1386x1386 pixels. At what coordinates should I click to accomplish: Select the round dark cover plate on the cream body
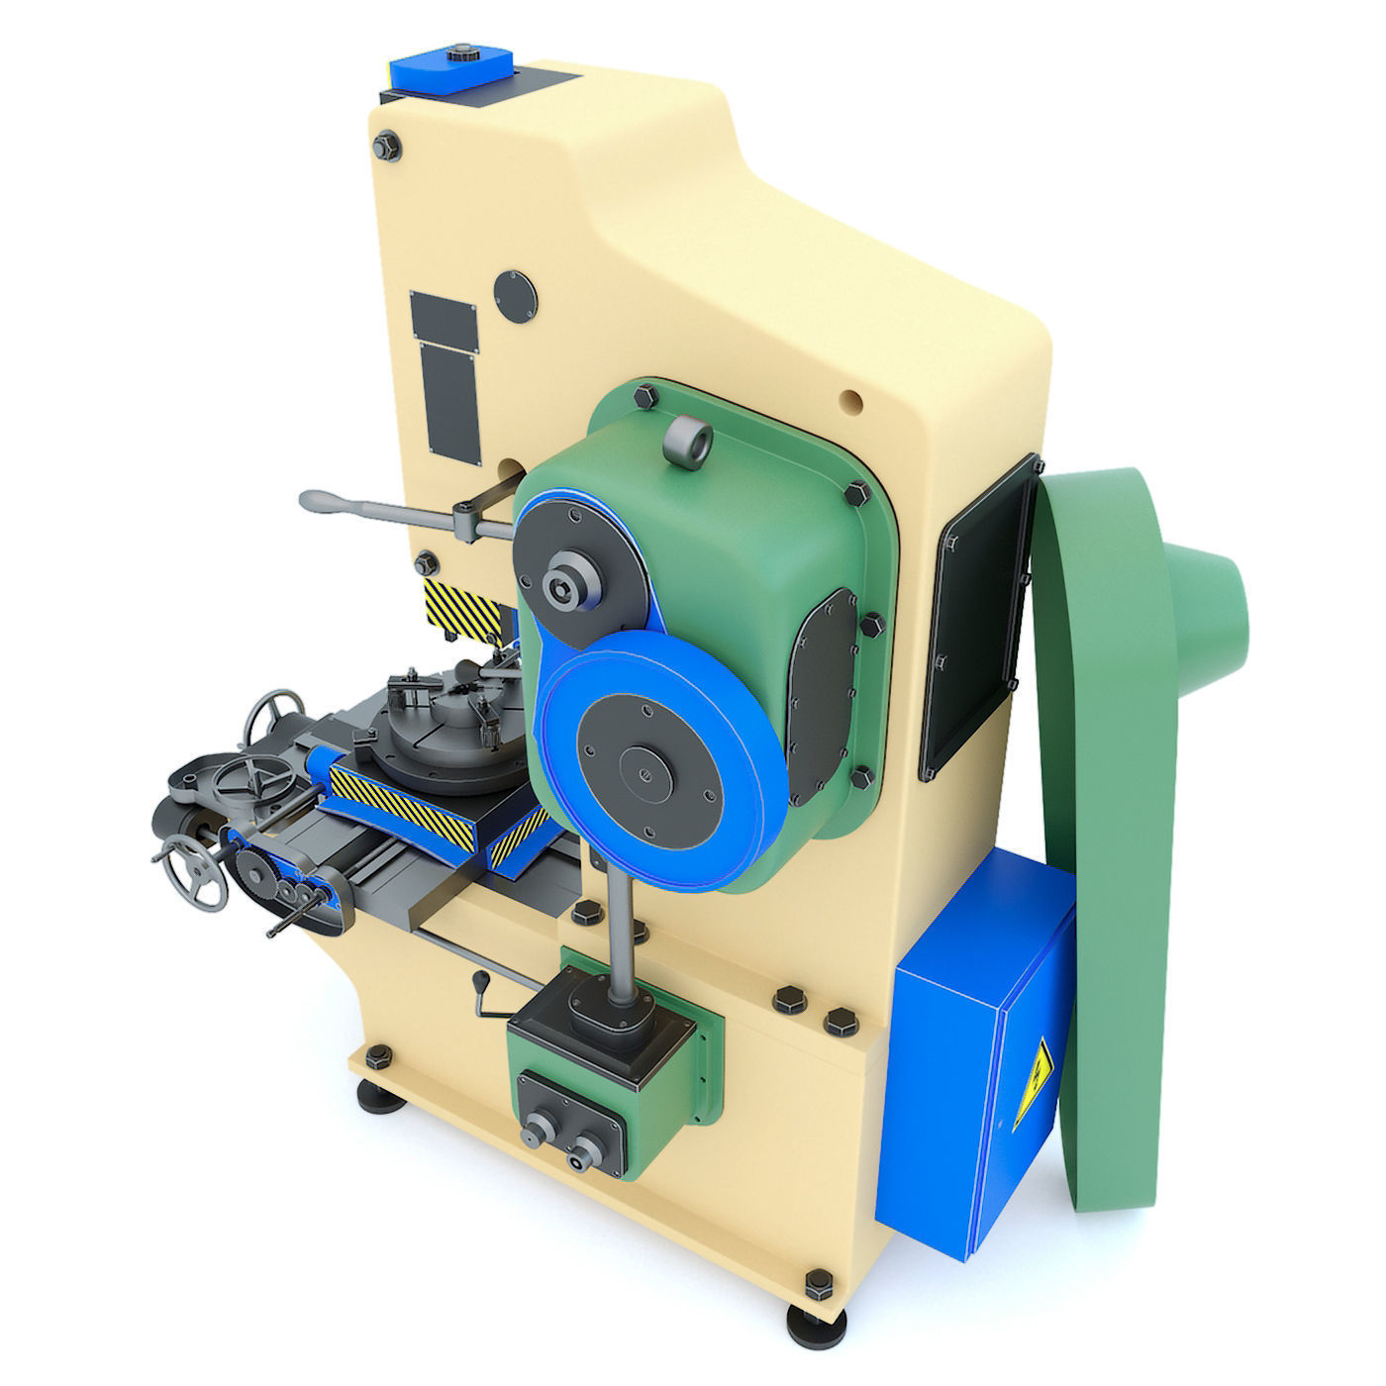(515, 294)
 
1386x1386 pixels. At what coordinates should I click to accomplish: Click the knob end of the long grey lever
(319, 501)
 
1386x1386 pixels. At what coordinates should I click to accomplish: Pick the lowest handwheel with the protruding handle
(194, 868)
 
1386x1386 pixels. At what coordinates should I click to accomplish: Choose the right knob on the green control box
(584, 1149)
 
